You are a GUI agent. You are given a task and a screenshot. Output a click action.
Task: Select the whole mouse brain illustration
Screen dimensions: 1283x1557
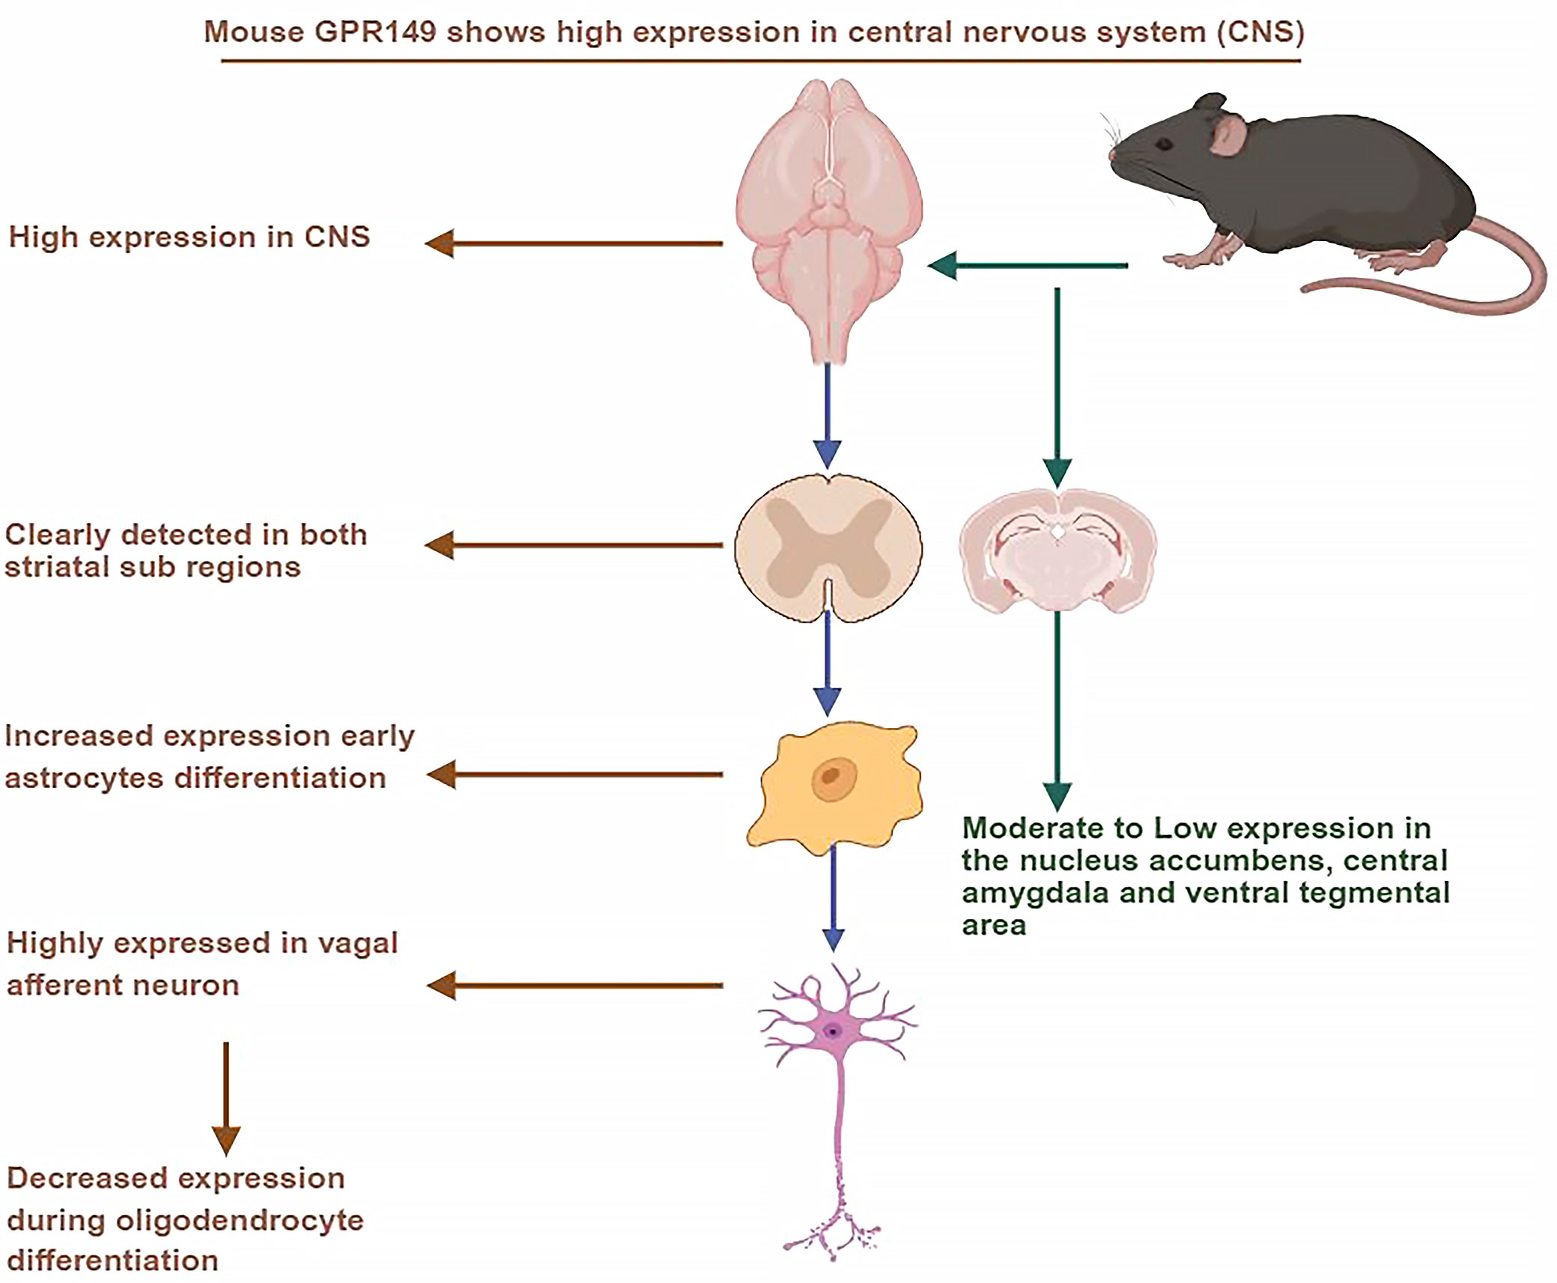coord(829,217)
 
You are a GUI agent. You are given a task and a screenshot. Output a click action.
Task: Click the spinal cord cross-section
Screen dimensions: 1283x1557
coord(828,548)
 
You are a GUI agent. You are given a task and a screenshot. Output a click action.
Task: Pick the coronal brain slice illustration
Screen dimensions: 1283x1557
coord(1057,550)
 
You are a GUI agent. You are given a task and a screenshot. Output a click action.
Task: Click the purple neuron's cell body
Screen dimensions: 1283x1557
coord(834,1032)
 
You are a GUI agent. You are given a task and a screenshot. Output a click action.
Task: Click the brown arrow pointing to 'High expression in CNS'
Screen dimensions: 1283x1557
coord(574,243)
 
